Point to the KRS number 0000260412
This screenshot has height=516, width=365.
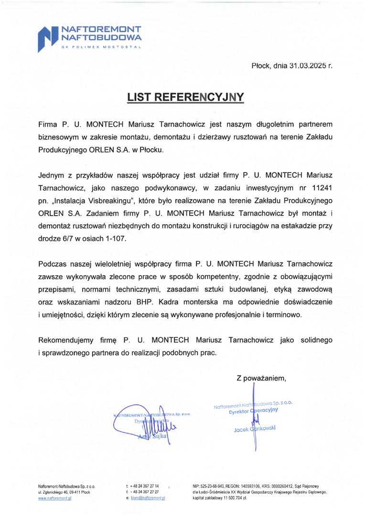click(x=278, y=485)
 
